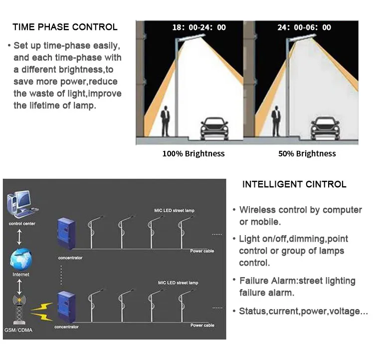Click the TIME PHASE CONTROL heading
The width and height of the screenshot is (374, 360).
(x=65, y=27)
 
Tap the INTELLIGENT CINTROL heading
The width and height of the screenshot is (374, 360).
(x=294, y=184)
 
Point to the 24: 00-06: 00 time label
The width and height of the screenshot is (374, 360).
(x=304, y=27)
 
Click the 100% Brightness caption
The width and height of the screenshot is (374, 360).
(x=193, y=154)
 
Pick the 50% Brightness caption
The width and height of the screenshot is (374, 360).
(x=307, y=154)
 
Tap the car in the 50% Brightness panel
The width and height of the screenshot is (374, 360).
(x=324, y=129)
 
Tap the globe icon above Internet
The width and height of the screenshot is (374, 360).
(x=20, y=259)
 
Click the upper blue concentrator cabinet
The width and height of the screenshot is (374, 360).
(x=65, y=234)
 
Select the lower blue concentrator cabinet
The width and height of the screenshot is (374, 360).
(x=65, y=306)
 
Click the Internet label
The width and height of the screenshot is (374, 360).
(x=20, y=275)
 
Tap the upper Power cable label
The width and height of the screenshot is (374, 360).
(x=202, y=251)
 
